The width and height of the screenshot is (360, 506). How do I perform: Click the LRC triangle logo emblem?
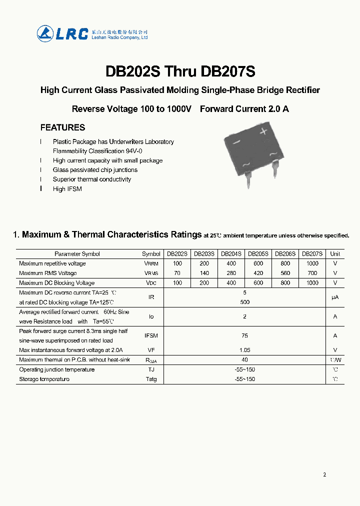click(45, 33)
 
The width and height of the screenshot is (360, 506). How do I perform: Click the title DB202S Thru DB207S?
click(180, 71)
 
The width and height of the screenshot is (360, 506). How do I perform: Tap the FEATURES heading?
click(62, 127)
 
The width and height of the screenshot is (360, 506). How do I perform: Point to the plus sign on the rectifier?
click(264, 131)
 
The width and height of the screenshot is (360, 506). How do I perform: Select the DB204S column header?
click(231, 254)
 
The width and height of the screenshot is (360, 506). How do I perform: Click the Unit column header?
click(335, 254)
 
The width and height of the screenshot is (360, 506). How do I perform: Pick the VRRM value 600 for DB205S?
click(258, 263)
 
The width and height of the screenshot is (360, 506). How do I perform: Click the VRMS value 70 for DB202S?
click(177, 273)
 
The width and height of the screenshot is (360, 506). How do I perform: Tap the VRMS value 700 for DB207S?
click(312, 273)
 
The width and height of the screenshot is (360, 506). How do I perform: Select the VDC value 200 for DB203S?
click(204, 283)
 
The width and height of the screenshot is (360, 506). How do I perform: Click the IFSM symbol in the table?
click(151, 336)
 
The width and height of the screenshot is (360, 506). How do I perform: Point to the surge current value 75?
click(244, 336)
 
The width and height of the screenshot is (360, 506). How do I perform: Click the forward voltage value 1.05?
click(244, 350)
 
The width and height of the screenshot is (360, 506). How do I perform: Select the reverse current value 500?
click(244, 302)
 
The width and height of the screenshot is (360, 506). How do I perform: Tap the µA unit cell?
click(335, 297)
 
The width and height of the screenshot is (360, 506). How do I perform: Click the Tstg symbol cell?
click(151, 379)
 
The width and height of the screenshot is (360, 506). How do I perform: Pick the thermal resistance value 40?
click(244, 360)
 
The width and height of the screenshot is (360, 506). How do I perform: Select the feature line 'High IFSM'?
click(67, 189)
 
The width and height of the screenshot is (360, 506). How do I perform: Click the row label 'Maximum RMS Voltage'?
click(48, 273)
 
